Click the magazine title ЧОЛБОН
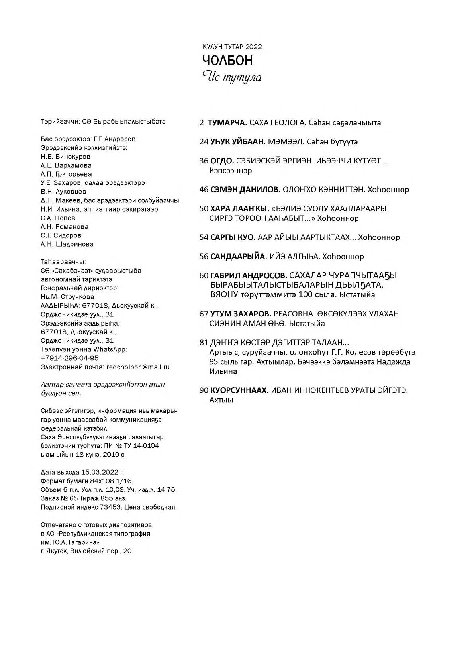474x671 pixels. (x=227, y=61)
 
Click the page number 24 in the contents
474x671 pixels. (x=204, y=141)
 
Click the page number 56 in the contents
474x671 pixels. (x=204, y=256)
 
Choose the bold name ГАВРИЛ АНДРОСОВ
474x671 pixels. (x=248, y=275)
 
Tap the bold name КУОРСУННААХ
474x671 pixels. (x=239, y=390)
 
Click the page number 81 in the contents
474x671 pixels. (x=204, y=342)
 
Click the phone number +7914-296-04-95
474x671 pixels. (x=70, y=358)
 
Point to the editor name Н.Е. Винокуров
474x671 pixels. (x=65, y=157)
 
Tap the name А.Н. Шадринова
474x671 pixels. (x=67, y=244)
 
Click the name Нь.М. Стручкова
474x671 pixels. (x=67, y=297)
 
